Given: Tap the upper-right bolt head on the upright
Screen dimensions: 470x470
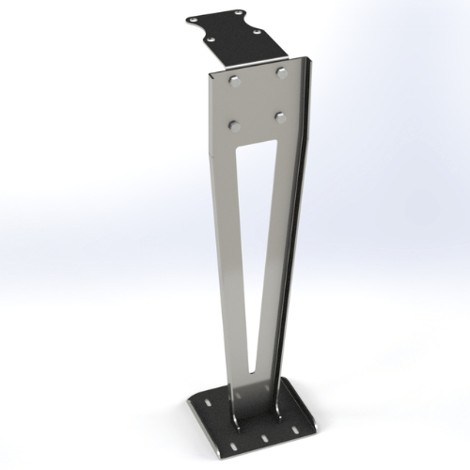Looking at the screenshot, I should tap(281, 72).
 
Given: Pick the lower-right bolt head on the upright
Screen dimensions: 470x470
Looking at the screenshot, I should tap(280, 117).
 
